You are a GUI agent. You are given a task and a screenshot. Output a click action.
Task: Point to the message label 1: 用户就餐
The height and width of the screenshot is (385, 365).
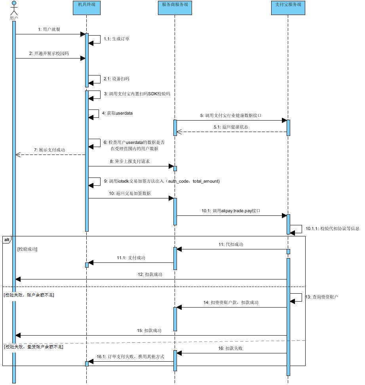(x=49, y=29)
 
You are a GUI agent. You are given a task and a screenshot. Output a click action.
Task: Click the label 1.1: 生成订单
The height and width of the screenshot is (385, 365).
(x=116, y=39)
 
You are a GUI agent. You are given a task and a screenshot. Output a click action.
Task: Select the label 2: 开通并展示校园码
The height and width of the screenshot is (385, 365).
(x=49, y=53)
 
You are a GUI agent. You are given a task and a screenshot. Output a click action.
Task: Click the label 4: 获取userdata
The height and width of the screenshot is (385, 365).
(x=117, y=113)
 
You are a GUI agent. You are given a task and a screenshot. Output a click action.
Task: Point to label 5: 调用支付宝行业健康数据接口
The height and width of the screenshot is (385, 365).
(x=231, y=115)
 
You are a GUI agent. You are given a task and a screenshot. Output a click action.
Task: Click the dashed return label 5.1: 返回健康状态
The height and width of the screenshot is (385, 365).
(x=231, y=127)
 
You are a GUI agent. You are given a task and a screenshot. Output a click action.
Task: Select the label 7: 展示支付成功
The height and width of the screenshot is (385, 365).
(x=49, y=150)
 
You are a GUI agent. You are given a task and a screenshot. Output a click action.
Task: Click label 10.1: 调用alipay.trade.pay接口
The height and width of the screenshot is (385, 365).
(x=231, y=211)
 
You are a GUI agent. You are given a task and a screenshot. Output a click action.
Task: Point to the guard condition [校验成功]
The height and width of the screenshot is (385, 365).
(x=27, y=249)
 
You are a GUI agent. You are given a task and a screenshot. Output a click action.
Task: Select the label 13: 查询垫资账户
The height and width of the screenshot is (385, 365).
(x=325, y=296)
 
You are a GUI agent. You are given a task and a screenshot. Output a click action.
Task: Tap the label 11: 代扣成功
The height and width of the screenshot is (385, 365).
(x=231, y=244)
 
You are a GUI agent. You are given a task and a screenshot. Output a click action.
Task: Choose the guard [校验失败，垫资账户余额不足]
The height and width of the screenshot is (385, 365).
(x=33, y=347)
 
